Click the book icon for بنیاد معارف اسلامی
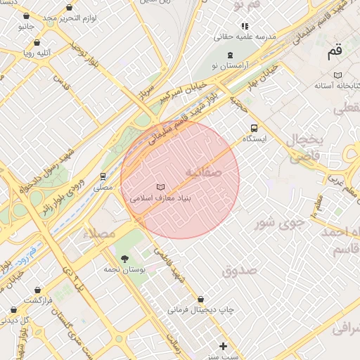pyautogui.click(x=162, y=186)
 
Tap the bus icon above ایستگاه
pyautogui.click(x=253, y=128)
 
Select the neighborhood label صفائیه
pyautogui.click(x=203, y=172)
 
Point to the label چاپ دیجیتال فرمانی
pyautogui.click(x=199, y=309)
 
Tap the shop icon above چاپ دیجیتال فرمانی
pyautogui.click(x=201, y=298)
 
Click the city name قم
pyautogui.click(x=334, y=51)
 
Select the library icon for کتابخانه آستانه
pyautogui.click(x=338, y=75)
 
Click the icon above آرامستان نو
pyautogui.click(x=232, y=54)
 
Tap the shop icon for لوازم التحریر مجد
pyautogui.click(x=69, y=7)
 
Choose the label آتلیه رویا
pyautogui.click(x=38, y=52)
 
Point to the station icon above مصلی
pyautogui.click(x=103, y=176)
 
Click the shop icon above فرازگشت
pyautogui.click(x=37, y=289)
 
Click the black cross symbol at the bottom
pyautogui.click(x=224, y=346)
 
